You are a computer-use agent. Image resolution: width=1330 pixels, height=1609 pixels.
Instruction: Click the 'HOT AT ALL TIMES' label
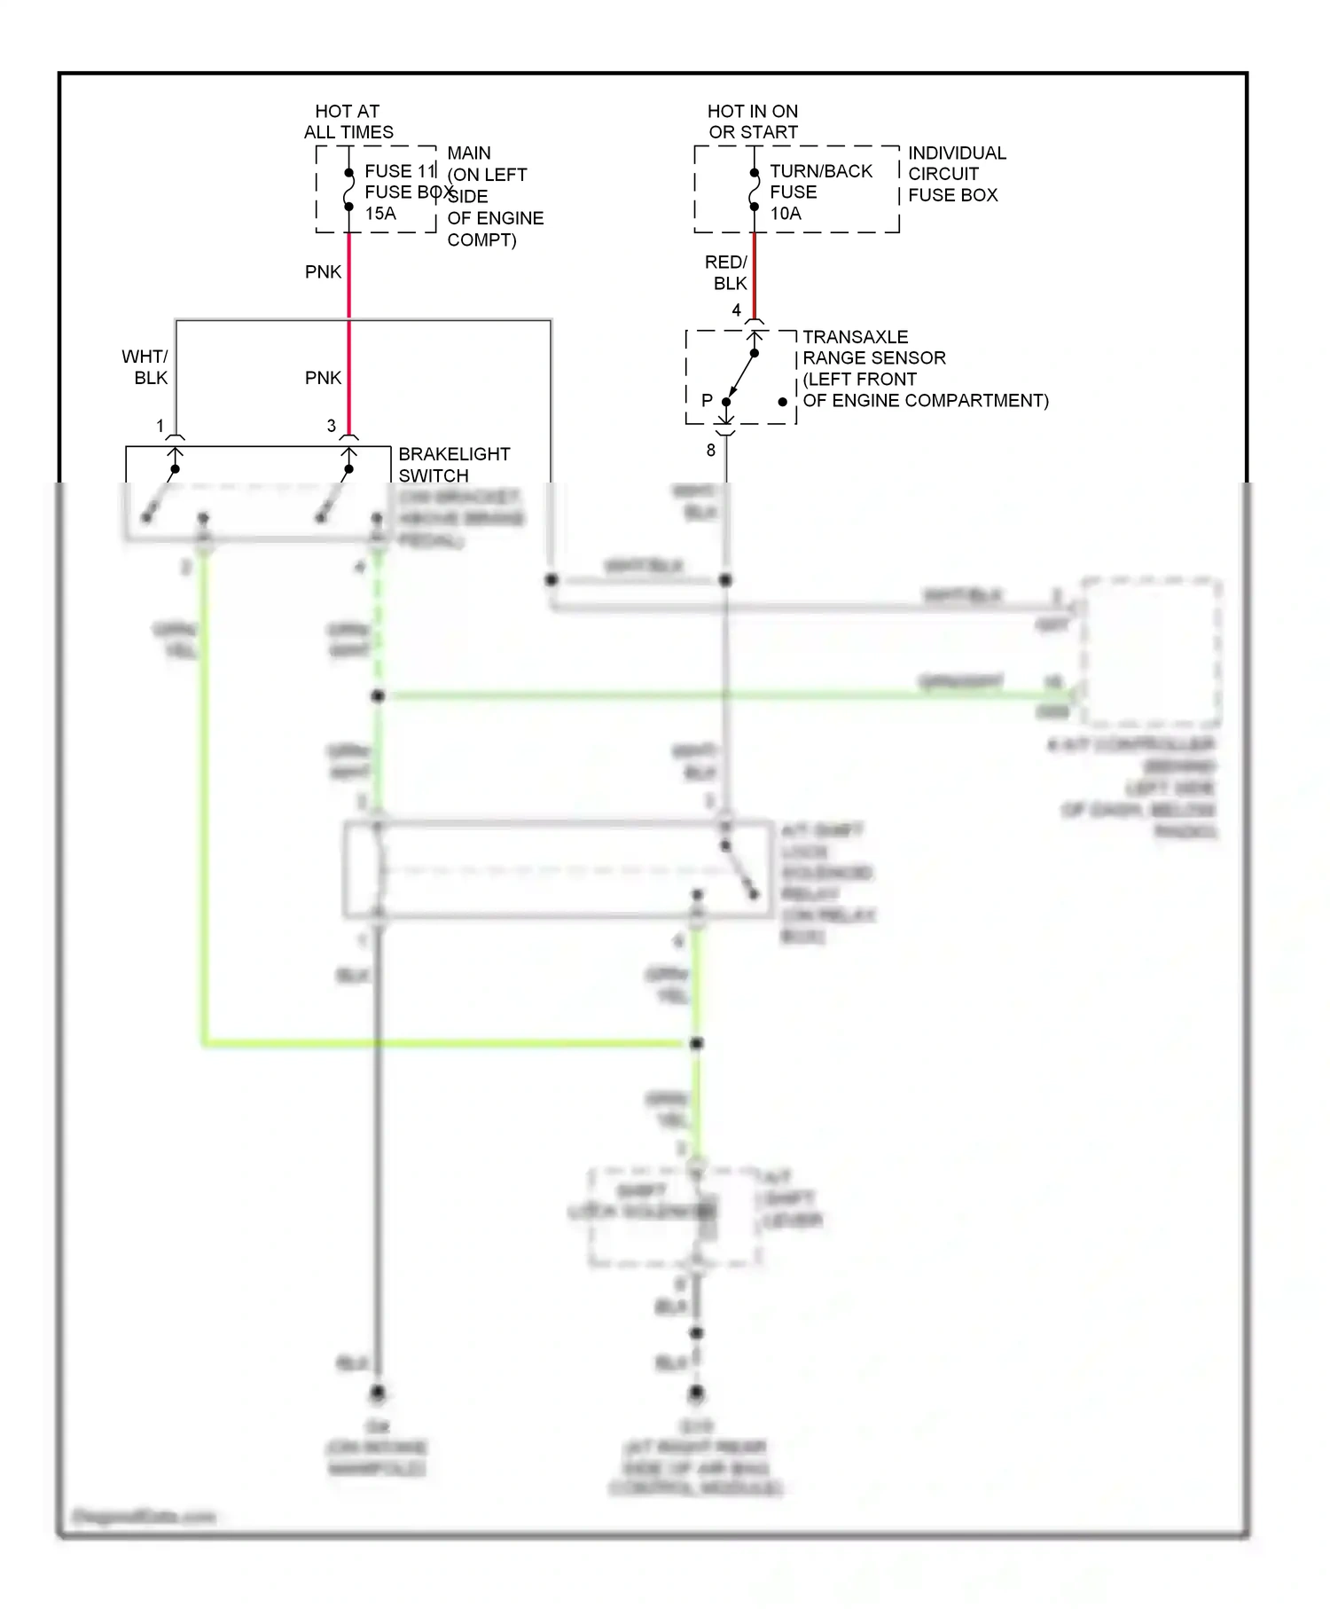click(x=348, y=122)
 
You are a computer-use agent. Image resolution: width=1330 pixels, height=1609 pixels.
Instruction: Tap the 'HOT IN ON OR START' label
click(x=753, y=122)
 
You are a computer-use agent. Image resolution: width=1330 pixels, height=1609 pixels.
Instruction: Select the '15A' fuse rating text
click(x=380, y=214)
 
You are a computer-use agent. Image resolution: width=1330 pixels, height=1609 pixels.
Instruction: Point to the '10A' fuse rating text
click(x=786, y=214)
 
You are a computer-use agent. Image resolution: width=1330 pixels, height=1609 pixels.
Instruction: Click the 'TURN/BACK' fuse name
click(x=821, y=171)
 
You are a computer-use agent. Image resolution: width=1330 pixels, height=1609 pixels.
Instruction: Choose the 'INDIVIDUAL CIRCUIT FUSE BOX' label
click(x=956, y=174)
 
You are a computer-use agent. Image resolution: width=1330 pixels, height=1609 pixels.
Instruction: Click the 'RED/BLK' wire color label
click(x=727, y=273)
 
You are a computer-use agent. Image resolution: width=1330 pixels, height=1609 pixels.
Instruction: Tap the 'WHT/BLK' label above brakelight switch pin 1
click(x=145, y=367)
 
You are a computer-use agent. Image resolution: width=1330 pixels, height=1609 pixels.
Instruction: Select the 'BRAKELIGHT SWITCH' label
click(x=453, y=465)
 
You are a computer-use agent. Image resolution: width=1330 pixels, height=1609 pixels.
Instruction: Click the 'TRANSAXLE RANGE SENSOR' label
click(x=873, y=348)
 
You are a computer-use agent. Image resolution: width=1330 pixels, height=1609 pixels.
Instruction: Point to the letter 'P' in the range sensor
click(x=707, y=401)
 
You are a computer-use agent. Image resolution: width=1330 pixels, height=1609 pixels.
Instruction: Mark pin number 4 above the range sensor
click(x=736, y=310)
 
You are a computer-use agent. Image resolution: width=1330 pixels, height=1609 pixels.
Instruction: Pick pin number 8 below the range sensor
click(x=710, y=451)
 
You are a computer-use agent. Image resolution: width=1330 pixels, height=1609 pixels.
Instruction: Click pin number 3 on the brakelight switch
click(x=332, y=427)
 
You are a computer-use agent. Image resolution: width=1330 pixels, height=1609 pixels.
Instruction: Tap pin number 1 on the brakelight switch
click(x=160, y=427)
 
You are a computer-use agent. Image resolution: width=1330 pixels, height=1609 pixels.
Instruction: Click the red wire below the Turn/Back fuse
click(x=754, y=275)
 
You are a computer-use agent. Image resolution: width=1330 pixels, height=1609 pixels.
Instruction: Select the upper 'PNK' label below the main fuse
click(x=323, y=272)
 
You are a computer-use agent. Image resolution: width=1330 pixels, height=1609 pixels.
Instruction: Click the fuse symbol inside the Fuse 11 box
click(x=348, y=190)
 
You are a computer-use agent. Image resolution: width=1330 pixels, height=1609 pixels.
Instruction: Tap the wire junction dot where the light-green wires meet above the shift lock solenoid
click(x=697, y=1043)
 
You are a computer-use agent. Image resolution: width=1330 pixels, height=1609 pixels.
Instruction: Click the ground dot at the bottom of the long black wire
click(x=378, y=1393)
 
